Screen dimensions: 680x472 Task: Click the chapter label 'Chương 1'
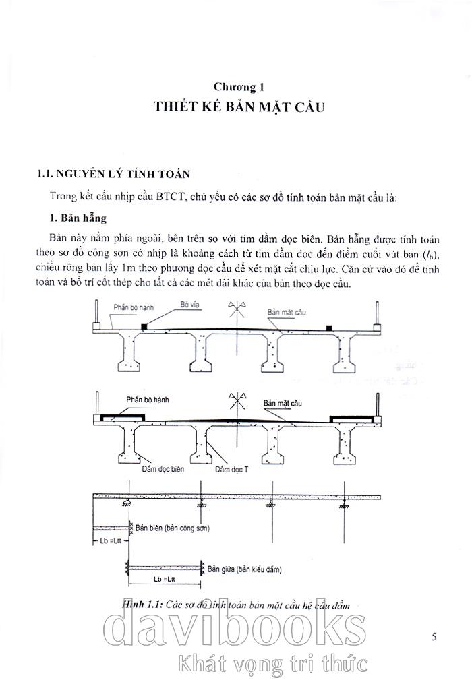tap(237, 87)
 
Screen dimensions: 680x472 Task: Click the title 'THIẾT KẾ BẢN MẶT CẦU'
tap(236, 108)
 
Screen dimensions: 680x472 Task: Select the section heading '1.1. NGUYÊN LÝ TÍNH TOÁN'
tap(113, 175)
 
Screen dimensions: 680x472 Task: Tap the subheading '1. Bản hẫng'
tap(78, 219)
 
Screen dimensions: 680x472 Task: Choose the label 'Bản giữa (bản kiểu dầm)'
tap(244, 569)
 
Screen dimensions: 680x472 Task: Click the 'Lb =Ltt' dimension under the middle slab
tap(166, 579)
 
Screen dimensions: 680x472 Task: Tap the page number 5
tap(434, 636)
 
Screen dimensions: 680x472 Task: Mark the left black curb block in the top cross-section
tap(145, 326)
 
